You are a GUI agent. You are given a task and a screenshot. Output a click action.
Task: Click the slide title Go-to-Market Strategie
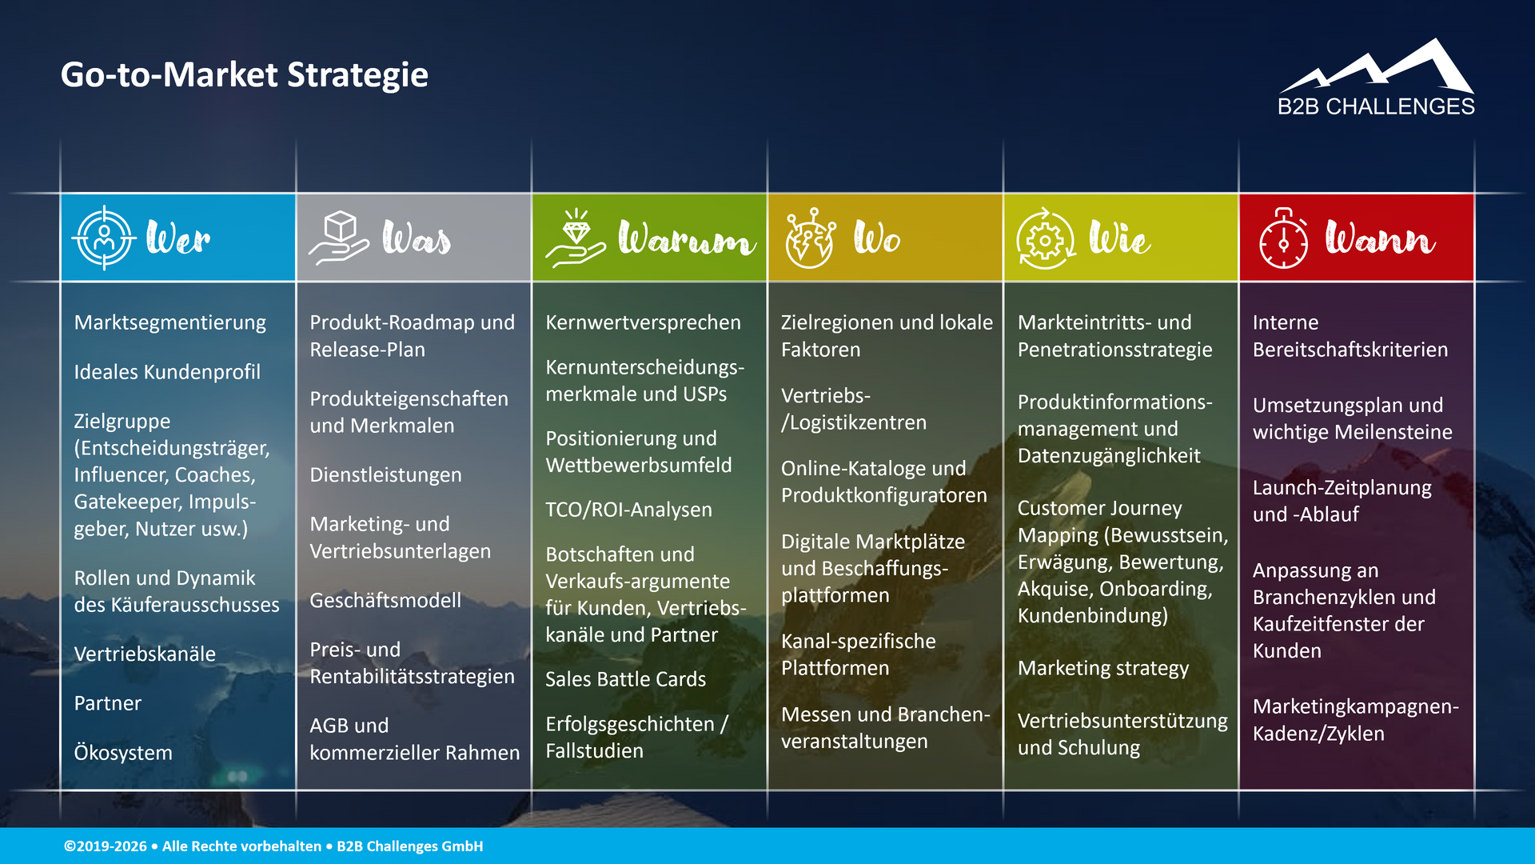[x=244, y=74]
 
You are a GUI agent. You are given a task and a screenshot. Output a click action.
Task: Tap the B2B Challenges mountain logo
[x=1377, y=78]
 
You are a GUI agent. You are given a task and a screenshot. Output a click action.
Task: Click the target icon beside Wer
[x=104, y=238]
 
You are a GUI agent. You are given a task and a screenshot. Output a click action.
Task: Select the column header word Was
[x=416, y=238]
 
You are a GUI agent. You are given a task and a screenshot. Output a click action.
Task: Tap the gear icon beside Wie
[x=1045, y=238]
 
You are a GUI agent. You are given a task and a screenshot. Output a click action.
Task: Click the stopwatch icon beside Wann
[x=1283, y=239]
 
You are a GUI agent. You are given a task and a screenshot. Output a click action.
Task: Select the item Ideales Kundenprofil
[x=167, y=372]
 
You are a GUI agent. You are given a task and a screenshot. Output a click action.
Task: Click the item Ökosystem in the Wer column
[x=123, y=753]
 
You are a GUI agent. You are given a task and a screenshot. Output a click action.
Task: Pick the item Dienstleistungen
[x=385, y=475]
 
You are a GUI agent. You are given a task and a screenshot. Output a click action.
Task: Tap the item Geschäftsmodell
[x=385, y=601]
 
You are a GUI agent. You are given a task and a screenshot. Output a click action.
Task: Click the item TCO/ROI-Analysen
[x=628, y=510]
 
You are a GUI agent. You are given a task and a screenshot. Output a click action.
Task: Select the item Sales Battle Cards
[x=625, y=679]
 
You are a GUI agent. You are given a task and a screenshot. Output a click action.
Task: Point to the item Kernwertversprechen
[x=643, y=322]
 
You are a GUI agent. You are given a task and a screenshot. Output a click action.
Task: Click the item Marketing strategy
[x=1102, y=668]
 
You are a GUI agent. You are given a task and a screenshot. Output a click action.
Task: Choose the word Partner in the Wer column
[x=107, y=703]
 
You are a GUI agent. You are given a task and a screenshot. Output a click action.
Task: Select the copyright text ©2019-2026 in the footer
[x=106, y=846]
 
